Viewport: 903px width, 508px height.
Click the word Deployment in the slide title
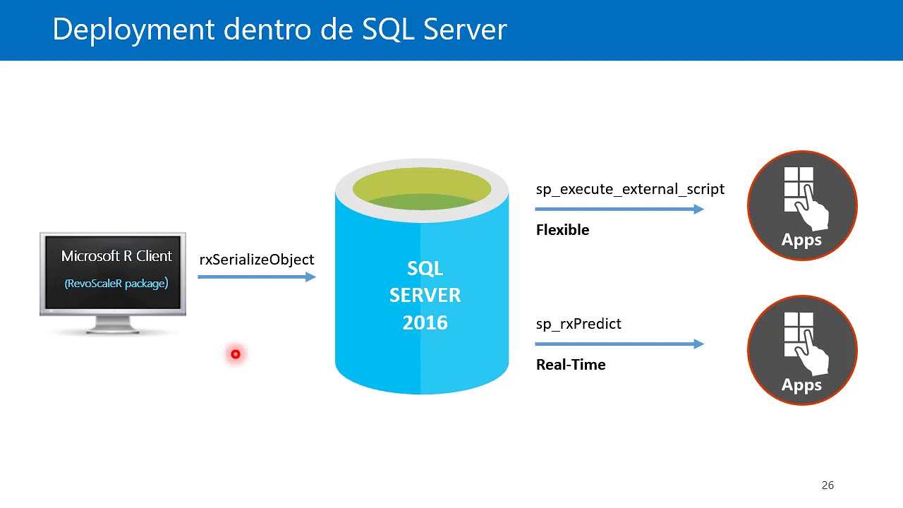[x=133, y=30]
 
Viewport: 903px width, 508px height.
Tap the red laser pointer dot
[x=236, y=354]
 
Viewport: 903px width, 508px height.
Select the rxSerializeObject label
[x=257, y=260]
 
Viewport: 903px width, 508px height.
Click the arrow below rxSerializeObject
[x=257, y=277]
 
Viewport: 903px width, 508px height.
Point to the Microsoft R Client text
[x=116, y=256]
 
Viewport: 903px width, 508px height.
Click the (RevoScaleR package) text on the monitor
[x=116, y=284]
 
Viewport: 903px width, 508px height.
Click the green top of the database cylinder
[x=422, y=189]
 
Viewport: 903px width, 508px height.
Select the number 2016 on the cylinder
[x=425, y=323]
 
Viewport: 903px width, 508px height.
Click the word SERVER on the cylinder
[x=425, y=296]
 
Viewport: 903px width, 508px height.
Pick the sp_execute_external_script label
[x=630, y=189]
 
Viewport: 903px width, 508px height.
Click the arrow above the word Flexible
[x=619, y=209]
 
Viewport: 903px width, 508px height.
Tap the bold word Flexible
[x=562, y=230]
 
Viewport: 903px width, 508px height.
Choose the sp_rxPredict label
[x=578, y=324]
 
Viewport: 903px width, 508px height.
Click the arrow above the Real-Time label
[x=619, y=344]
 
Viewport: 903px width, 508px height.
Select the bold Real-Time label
[x=571, y=365]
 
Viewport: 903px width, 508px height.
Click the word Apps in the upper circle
[x=801, y=240]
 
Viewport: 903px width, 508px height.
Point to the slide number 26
[x=828, y=485]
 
